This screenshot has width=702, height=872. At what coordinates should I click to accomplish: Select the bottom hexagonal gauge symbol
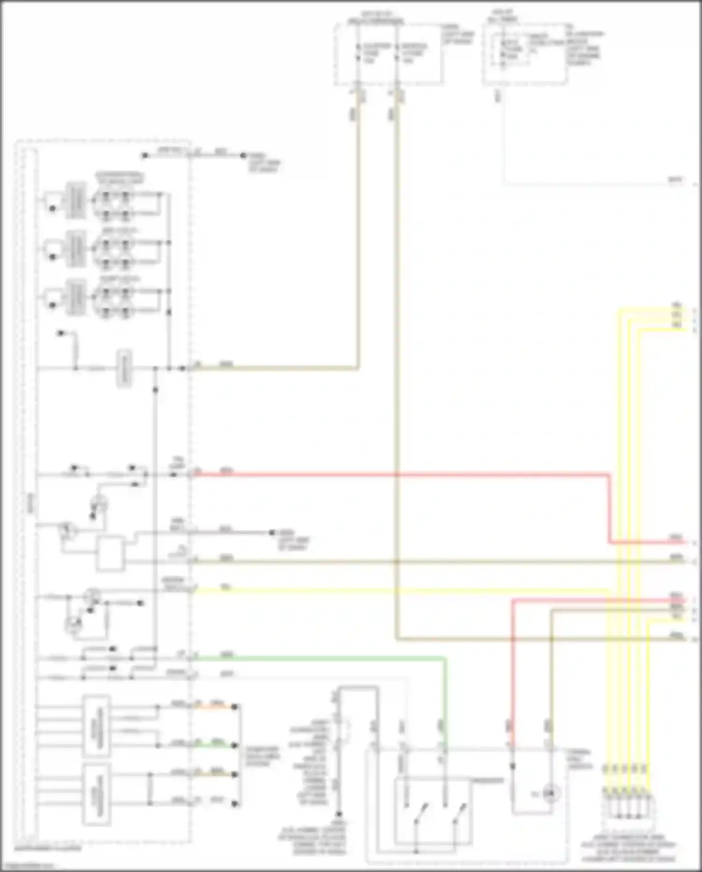[x=115, y=300]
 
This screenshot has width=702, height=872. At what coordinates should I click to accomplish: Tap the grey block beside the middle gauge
[x=75, y=249]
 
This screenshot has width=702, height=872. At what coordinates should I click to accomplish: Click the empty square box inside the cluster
[x=110, y=554]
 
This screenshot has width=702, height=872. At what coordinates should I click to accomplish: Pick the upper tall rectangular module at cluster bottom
[x=96, y=726]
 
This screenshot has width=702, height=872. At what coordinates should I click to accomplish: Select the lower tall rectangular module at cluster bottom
[x=96, y=794]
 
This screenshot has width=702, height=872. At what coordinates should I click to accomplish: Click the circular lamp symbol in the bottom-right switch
[x=550, y=794]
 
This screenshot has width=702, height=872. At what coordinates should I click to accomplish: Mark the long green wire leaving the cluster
[x=318, y=658]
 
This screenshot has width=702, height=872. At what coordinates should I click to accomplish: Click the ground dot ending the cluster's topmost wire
[x=243, y=155]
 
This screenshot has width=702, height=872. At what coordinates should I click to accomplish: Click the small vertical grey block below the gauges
[x=124, y=368]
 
